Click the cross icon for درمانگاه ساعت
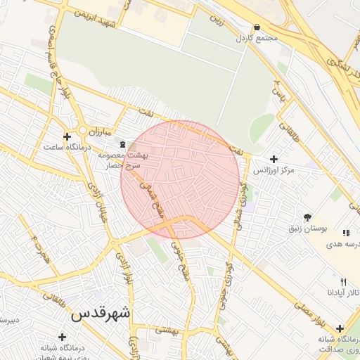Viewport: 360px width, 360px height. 67,136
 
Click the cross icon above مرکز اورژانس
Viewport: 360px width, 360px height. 274,159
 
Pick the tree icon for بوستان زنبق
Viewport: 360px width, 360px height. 307,217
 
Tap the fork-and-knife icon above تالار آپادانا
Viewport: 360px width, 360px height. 343,281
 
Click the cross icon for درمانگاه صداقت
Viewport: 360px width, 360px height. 340,328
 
